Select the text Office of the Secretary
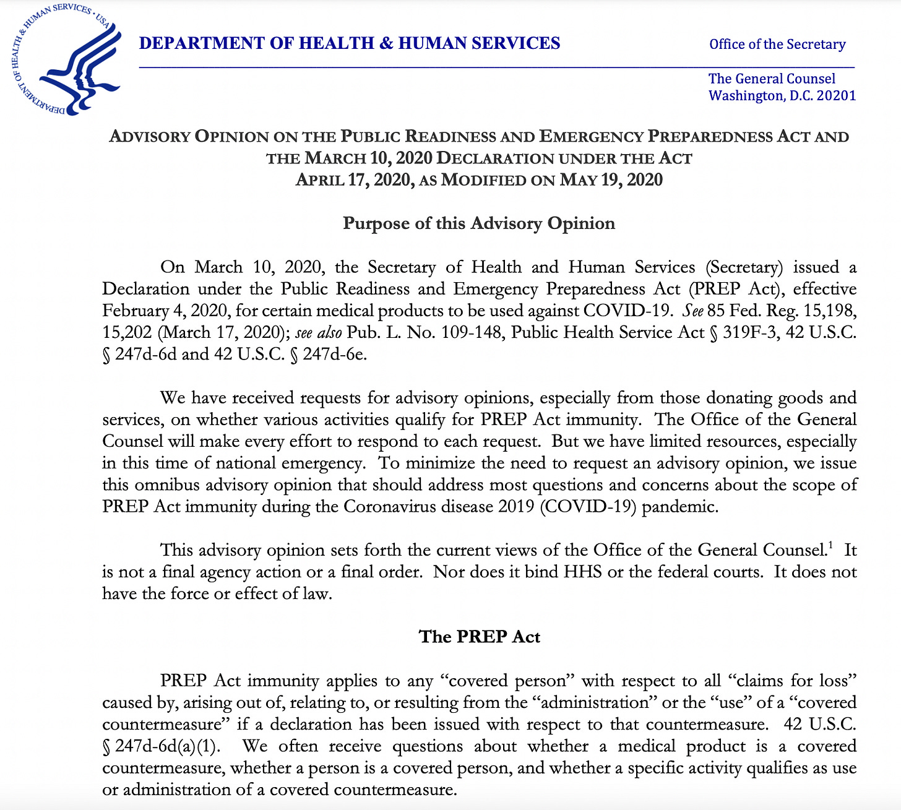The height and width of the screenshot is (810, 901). [777, 45]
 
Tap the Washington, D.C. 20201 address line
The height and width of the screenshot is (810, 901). [782, 95]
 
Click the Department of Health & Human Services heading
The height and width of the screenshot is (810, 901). [350, 43]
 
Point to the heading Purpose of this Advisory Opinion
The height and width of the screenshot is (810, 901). [479, 223]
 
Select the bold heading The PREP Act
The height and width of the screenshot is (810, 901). [480, 637]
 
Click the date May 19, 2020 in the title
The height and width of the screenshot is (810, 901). [611, 180]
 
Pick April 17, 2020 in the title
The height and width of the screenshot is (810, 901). [353, 180]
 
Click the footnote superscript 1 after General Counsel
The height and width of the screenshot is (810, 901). [830, 545]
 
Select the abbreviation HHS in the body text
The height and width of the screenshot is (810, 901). [582, 572]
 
